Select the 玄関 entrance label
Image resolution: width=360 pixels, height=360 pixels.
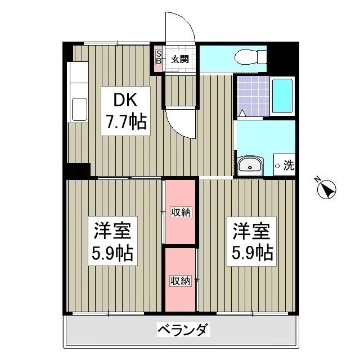179,58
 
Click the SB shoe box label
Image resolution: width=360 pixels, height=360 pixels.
159,56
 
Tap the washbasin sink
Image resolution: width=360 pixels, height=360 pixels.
249,165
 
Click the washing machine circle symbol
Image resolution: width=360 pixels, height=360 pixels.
277,166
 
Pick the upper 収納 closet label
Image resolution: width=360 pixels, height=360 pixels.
181,212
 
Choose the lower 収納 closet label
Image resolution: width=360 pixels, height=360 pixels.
181,280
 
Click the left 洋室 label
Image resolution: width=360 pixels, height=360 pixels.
112,231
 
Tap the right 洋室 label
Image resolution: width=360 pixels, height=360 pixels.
252,231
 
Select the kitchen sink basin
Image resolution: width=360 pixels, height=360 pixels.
79,109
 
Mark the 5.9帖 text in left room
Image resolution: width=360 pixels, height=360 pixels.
112,254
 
